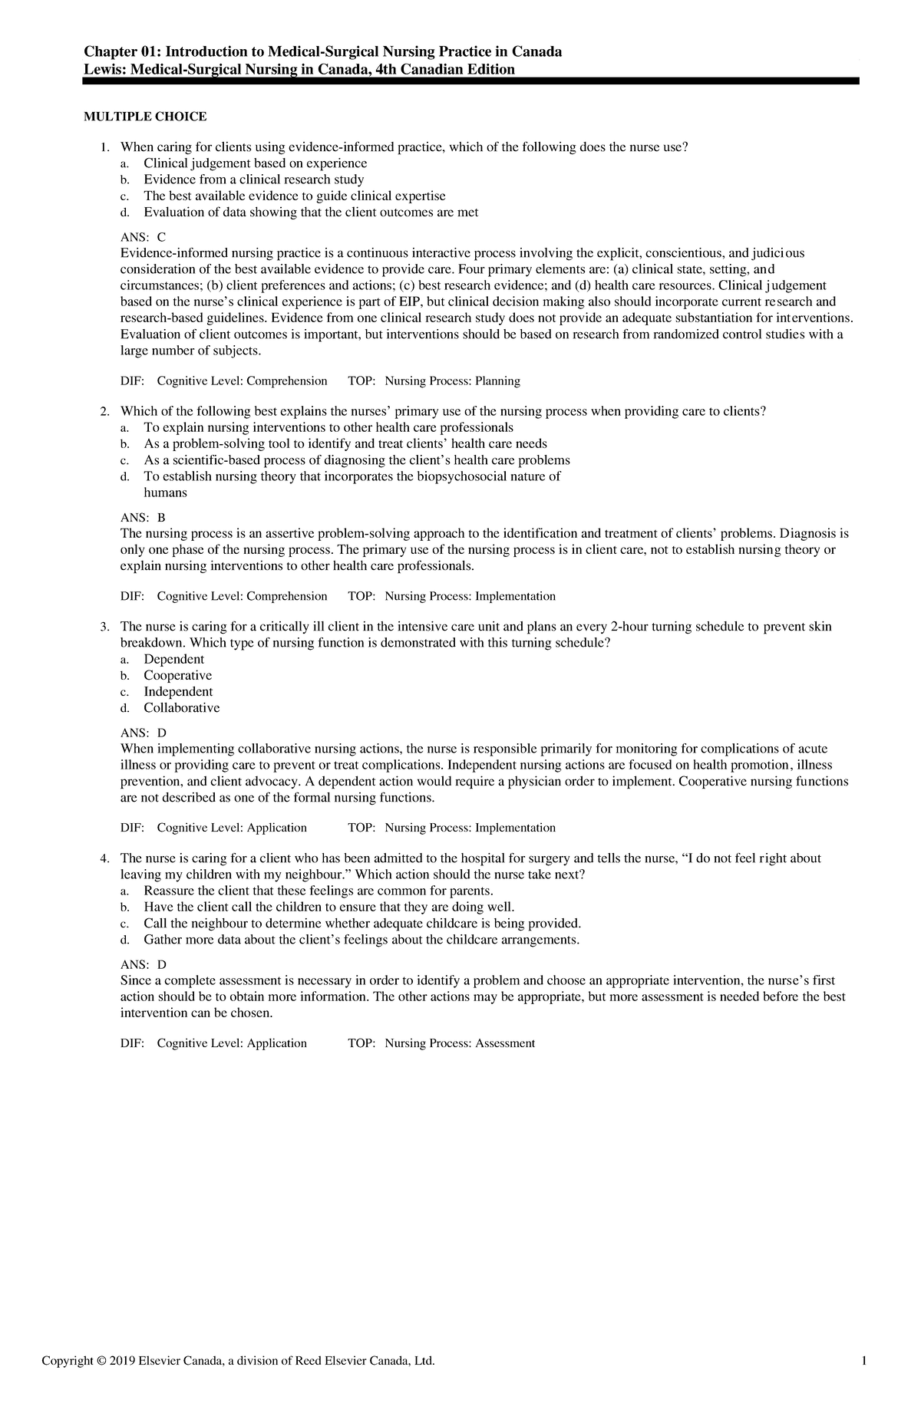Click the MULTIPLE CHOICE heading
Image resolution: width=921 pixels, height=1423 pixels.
coord(145,117)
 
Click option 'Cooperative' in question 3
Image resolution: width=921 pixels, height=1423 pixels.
coord(177,675)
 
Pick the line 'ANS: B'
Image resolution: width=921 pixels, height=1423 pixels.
coord(144,518)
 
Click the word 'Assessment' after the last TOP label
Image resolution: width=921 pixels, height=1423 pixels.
coord(504,1043)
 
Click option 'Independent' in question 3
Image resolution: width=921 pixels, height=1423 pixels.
coord(178,691)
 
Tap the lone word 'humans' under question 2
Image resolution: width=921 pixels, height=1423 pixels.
coord(165,493)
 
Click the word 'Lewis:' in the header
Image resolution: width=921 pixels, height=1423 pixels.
coord(103,70)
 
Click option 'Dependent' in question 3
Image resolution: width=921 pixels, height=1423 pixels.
coord(173,659)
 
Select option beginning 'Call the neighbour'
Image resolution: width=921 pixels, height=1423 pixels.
coord(361,923)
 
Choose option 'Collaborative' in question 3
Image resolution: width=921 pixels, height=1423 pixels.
coord(181,707)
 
